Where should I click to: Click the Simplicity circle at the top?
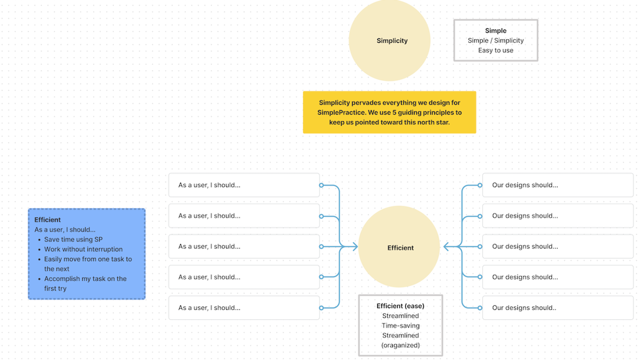[x=389, y=40]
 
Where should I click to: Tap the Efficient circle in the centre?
[x=399, y=247]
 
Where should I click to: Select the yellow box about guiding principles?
[x=389, y=112]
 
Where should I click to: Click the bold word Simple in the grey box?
[x=496, y=31]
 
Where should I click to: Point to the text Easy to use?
[x=496, y=51]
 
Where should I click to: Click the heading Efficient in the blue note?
[x=47, y=219]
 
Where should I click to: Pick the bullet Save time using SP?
[x=73, y=239]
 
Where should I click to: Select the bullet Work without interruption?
[x=83, y=249]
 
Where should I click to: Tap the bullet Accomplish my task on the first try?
[x=85, y=284]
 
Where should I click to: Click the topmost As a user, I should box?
[x=244, y=185]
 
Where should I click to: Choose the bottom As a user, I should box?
[x=244, y=308]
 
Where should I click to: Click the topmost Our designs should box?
[x=558, y=185]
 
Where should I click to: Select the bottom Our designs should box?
[x=558, y=308]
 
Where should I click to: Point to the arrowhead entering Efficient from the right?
[x=446, y=247]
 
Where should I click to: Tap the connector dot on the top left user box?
[x=321, y=185]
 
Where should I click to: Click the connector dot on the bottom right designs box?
[x=480, y=308]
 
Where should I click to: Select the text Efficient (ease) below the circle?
[x=400, y=306]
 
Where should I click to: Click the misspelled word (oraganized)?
[x=400, y=345]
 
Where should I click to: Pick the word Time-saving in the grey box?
[x=400, y=325]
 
